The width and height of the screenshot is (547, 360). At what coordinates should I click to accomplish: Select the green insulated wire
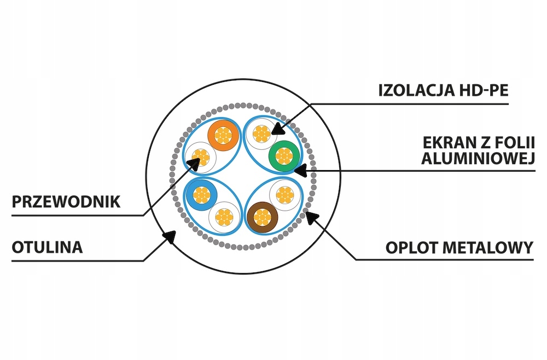pos(284,156)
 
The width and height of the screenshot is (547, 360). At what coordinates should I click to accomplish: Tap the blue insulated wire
pos(201,195)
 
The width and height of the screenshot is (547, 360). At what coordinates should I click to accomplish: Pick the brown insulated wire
pos(263,218)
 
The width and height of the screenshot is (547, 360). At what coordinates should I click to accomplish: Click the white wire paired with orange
pos(201,158)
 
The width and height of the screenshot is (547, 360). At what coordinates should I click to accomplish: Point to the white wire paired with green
pos(261,134)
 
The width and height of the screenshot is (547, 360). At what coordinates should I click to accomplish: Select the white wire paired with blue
pos(224,217)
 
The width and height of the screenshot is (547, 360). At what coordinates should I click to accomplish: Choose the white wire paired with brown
pos(286,195)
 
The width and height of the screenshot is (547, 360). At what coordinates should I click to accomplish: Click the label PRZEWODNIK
pos(66,202)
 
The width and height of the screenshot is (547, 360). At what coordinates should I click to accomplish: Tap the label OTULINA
pos(48,247)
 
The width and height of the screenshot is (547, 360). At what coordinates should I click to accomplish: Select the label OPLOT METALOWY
pos(459,248)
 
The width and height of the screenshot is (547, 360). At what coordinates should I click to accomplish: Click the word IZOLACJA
pos(416,90)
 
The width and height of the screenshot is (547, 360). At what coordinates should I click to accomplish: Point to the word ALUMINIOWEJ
pos(478,158)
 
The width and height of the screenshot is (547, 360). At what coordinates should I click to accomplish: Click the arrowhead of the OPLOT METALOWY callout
pos(312,218)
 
